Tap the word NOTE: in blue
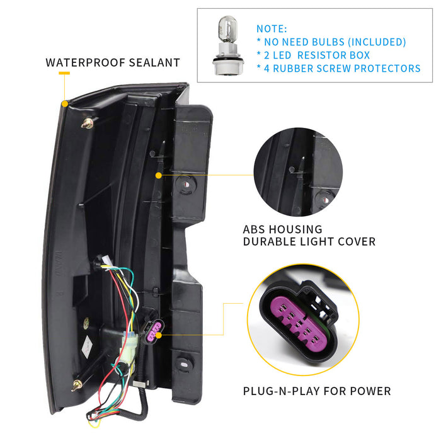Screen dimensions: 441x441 272,29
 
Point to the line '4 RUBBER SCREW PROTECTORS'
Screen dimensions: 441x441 338,69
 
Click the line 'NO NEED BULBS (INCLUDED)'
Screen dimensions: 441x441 331,42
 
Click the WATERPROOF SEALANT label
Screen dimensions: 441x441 113,62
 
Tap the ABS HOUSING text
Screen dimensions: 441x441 282,229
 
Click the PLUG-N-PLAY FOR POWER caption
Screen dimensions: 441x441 317,391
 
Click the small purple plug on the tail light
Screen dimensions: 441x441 152,328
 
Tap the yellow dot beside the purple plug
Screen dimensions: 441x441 159,335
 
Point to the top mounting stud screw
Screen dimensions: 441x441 87,123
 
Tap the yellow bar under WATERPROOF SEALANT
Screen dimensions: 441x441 64,74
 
